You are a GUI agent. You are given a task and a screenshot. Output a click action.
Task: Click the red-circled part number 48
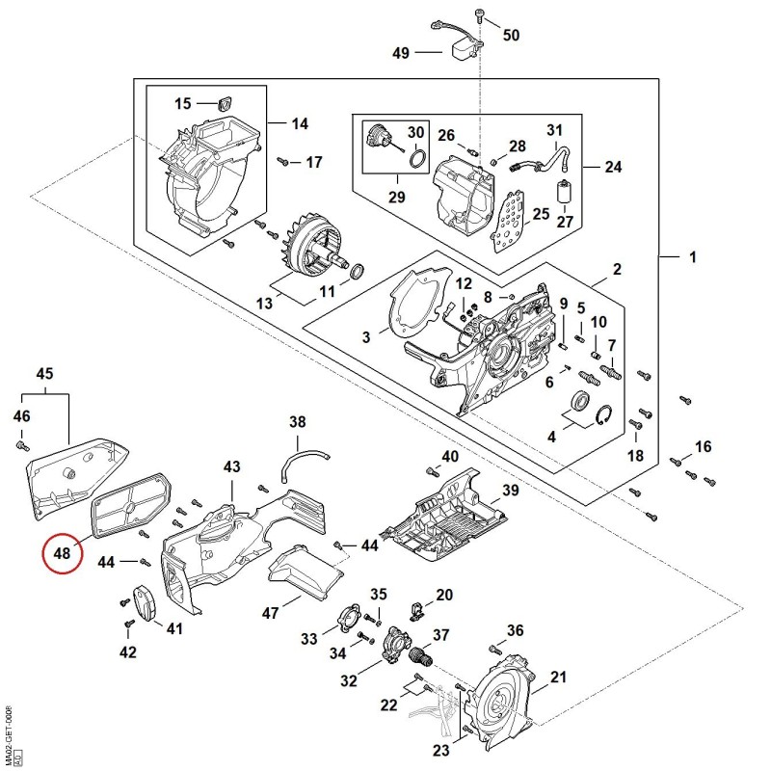[62, 553]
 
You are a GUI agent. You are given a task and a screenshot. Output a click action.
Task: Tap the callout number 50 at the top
[511, 35]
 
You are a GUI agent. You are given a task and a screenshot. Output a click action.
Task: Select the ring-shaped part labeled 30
[417, 159]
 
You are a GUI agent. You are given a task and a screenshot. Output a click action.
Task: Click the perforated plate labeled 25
[508, 221]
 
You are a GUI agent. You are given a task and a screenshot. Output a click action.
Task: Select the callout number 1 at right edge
[693, 256]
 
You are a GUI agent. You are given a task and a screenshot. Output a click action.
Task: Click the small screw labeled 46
[22, 445]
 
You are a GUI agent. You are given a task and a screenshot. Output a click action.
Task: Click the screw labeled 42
[129, 624]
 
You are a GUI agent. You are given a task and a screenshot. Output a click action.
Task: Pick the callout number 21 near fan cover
[558, 678]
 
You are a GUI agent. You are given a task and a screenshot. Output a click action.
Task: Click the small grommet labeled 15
[225, 104]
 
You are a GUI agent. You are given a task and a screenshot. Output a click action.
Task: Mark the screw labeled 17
[282, 161]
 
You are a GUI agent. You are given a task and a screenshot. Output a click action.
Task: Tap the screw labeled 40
[432, 471]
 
